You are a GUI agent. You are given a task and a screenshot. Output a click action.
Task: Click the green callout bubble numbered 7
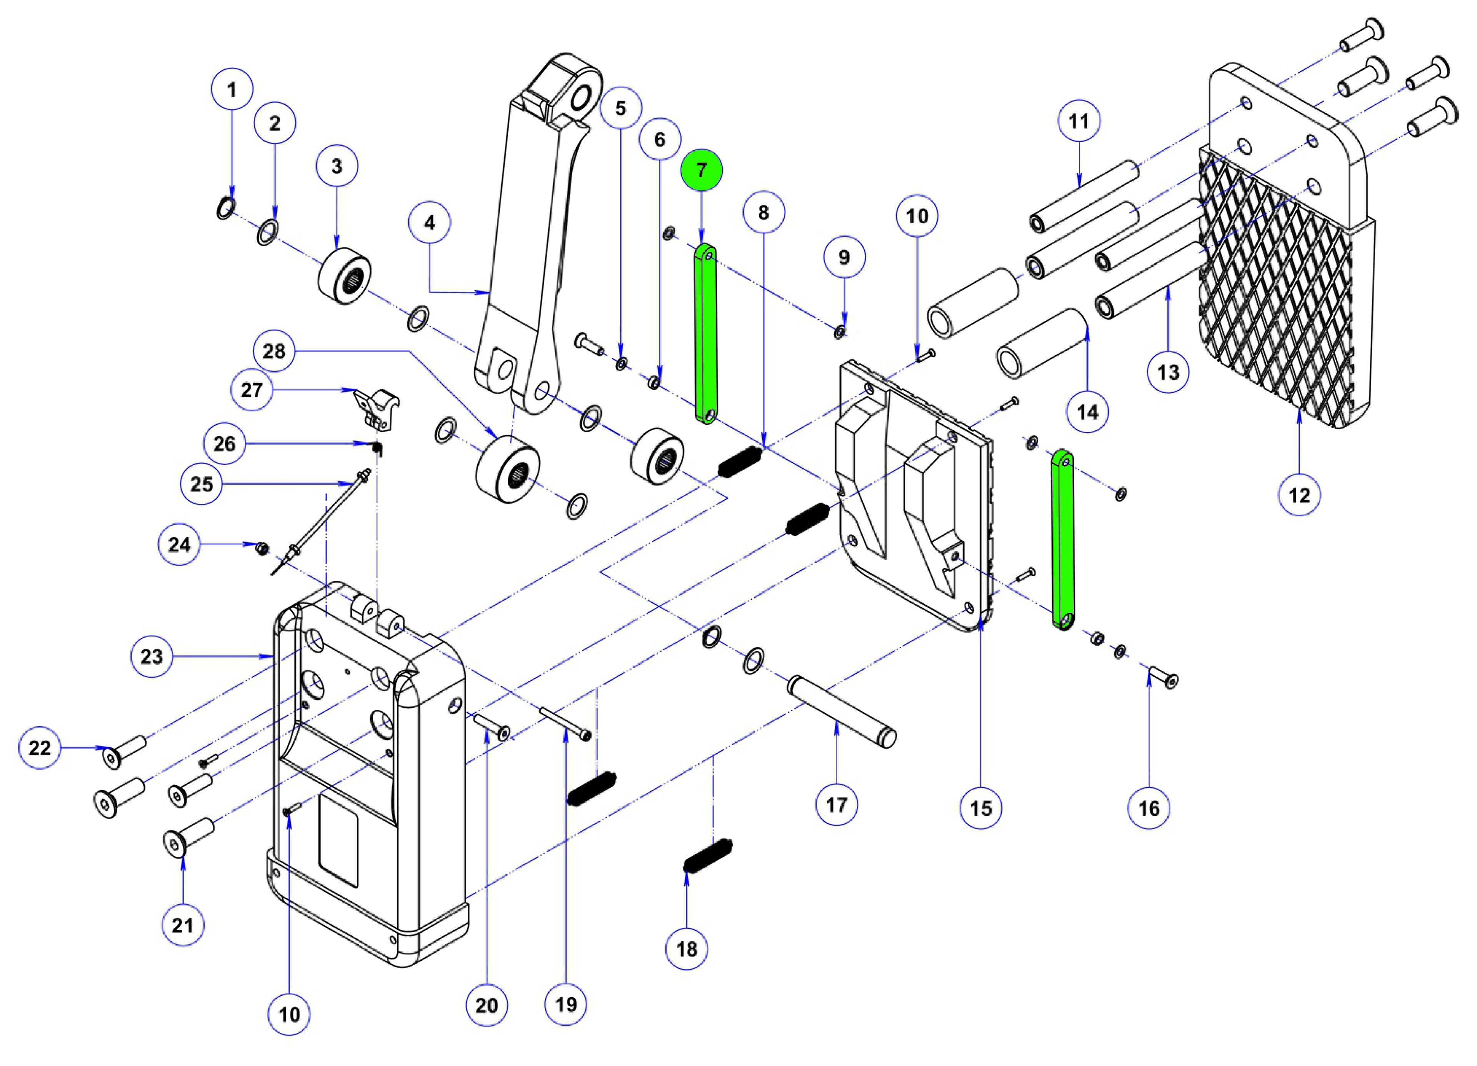701,170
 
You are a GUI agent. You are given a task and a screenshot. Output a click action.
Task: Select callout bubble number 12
1299,495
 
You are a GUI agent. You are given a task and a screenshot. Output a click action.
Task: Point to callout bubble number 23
151,656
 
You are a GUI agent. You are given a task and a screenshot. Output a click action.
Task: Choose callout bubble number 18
687,949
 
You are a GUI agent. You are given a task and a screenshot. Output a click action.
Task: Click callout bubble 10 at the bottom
289,1014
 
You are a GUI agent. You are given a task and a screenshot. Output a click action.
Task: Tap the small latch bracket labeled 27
376,406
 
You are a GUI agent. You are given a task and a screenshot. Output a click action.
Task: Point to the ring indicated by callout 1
224,208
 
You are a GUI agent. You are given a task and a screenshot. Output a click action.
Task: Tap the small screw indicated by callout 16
1164,677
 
